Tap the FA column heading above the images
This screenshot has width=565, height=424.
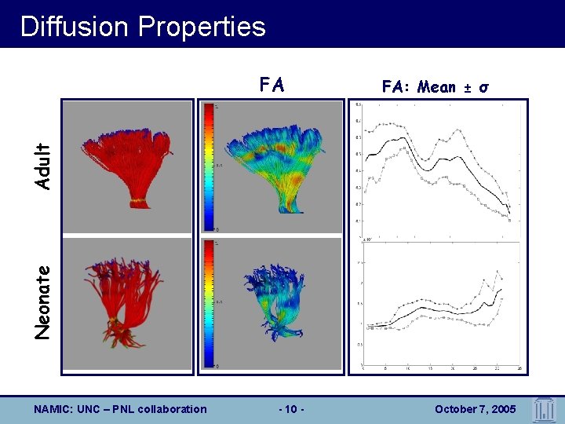point(272,85)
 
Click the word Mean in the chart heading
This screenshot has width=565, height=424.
point(436,87)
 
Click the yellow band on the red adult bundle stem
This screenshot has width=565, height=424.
point(138,202)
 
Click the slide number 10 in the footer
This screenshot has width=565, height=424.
point(291,409)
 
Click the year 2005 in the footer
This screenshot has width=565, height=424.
point(502,409)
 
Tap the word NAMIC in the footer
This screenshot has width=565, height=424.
point(53,409)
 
